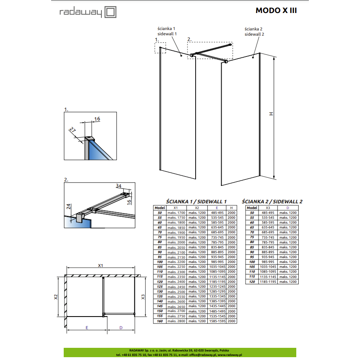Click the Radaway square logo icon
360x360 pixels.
point(110,12)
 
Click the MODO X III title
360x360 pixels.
point(276,11)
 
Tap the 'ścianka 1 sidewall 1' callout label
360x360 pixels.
point(167,31)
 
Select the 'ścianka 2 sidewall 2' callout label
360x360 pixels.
point(254,31)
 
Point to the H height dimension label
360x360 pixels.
point(271,114)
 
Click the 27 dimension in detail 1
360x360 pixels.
point(73,130)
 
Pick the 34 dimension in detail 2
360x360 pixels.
point(119,186)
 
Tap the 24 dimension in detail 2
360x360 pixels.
point(69,207)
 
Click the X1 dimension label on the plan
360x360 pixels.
point(101,265)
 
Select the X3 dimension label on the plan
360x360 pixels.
point(143,297)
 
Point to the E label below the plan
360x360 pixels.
point(87,328)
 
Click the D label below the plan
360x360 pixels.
point(121,328)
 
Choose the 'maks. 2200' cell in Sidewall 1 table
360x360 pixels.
point(176,262)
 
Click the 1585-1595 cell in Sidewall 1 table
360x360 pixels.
point(217,321)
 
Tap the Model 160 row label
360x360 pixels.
point(160,321)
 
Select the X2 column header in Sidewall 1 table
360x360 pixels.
point(197,208)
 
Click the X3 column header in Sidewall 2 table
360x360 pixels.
point(268,208)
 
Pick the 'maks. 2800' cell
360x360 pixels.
point(176,321)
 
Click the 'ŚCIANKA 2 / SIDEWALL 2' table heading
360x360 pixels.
point(272,202)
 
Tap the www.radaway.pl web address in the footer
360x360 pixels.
point(230,355)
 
